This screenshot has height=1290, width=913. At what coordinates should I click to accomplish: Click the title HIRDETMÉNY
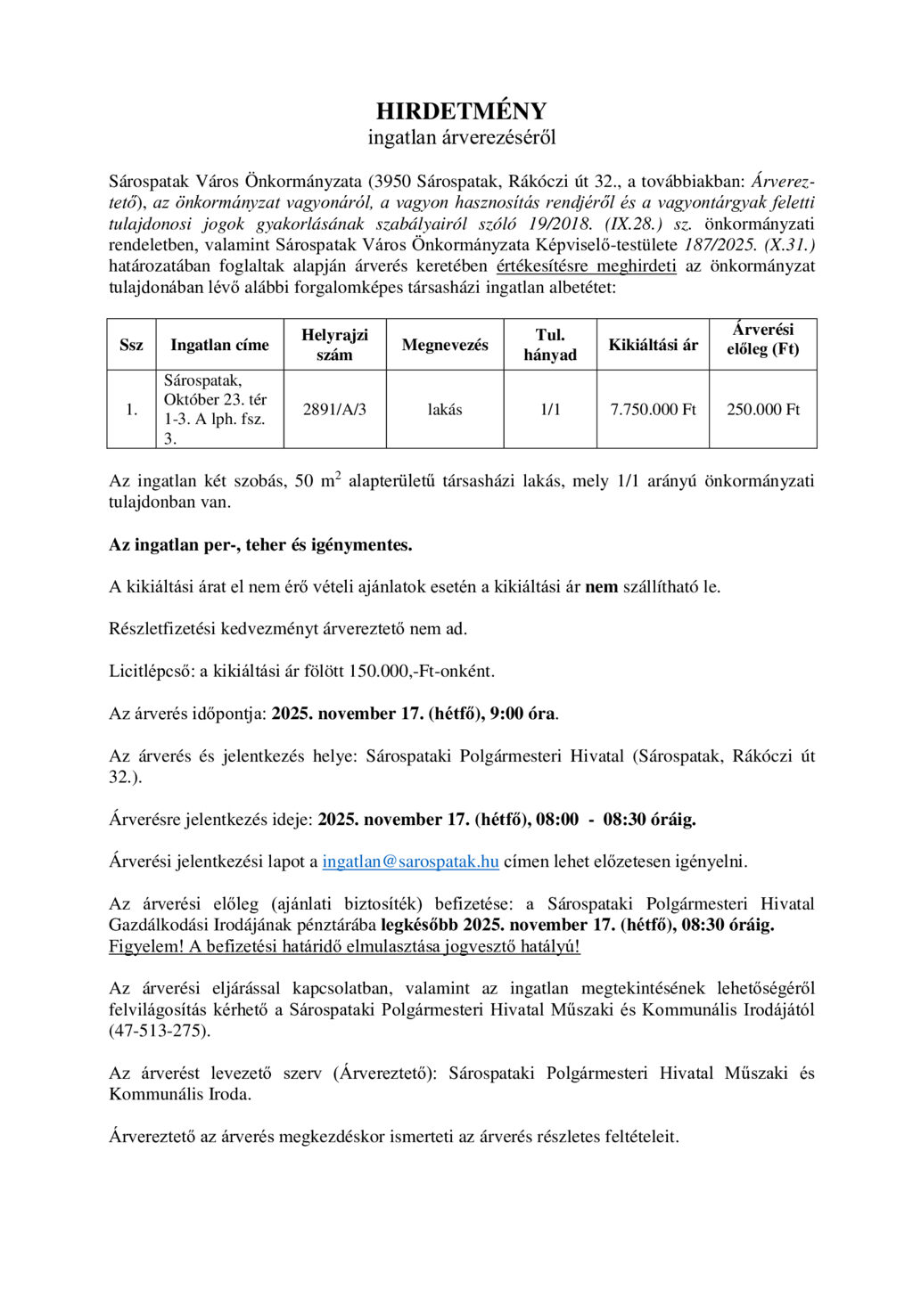461,111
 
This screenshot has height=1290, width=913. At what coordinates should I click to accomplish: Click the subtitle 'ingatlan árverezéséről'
461,137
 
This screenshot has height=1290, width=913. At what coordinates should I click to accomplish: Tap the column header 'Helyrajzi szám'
334,345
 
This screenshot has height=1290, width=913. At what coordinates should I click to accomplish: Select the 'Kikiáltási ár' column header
653,345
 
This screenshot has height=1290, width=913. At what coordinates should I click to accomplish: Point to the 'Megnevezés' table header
445,345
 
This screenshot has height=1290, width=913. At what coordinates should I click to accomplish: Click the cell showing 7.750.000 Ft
653,410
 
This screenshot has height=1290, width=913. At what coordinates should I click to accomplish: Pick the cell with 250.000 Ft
762,410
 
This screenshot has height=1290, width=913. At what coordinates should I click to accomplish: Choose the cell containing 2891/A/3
334,410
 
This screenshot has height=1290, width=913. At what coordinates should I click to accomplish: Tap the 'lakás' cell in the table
445,410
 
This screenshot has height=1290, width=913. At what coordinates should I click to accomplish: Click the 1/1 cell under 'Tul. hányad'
550,410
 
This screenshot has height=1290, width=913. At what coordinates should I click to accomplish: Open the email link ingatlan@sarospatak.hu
410,861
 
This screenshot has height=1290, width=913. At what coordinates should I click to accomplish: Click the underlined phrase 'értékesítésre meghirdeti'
586,266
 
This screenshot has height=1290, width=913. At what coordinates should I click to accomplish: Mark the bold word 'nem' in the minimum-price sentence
601,587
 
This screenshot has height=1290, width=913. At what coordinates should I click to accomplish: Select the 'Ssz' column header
131,345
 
